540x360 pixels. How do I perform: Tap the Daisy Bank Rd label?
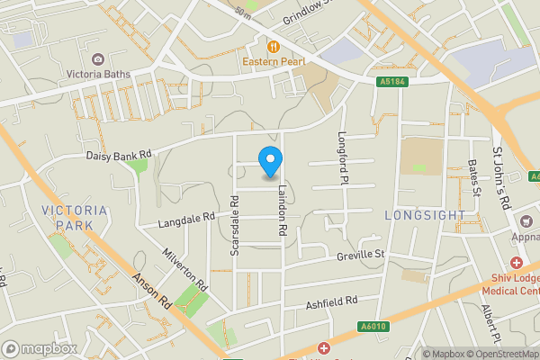pos(119,155)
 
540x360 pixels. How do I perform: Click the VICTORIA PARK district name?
pos(75,217)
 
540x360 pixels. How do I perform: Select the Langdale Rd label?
pos(187,218)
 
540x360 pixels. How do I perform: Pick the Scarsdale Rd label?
pos(235,226)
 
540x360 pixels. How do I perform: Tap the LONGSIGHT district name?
pos(424,216)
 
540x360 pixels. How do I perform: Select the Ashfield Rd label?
pos(332,301)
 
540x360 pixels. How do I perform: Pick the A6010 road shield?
pos(371,327)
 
